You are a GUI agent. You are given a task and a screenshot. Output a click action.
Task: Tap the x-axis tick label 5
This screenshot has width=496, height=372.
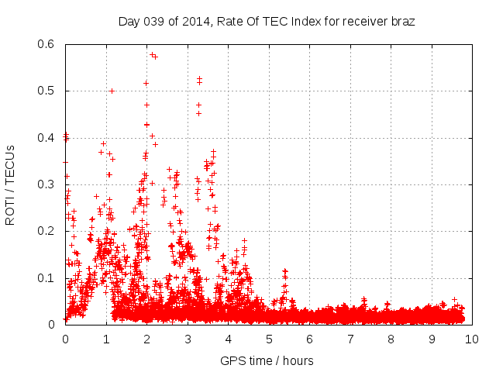[x=269, y=339]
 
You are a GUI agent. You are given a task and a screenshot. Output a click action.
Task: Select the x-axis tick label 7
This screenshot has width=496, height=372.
[x=350, y=339]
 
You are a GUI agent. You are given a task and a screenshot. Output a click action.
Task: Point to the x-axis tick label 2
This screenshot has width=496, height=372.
[x=146, y=339]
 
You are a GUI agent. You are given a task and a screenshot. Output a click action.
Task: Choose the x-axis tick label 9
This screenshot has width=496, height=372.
[x=432, y=339]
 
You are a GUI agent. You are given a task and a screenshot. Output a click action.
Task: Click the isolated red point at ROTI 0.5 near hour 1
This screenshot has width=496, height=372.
[x=112, y=91]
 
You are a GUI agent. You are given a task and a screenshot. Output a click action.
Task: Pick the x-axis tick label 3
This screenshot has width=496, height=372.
[x=188, y=339]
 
